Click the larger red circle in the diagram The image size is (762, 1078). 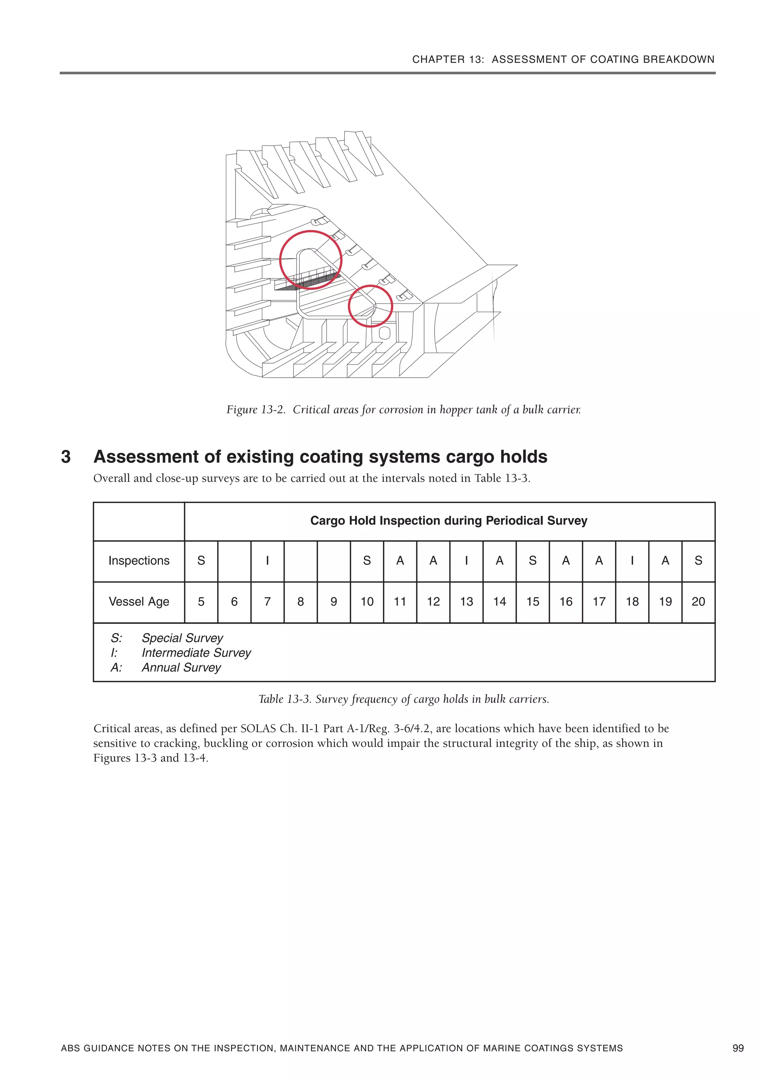click(x=310, y=260)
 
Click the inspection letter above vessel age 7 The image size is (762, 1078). click(x=267, y=561)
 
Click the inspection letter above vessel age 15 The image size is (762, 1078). click(x=532, y=561)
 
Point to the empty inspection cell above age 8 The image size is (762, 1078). click(x=301, y=561)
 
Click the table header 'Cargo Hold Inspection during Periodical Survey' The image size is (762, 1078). click(x=448, y=521)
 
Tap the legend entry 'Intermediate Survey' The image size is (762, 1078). click(x=196, y=653)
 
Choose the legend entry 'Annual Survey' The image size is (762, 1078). click(x=181, y=667)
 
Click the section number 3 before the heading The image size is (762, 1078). click(x=66, y=457)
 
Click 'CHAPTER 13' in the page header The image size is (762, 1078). click(x=448, y=60)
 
